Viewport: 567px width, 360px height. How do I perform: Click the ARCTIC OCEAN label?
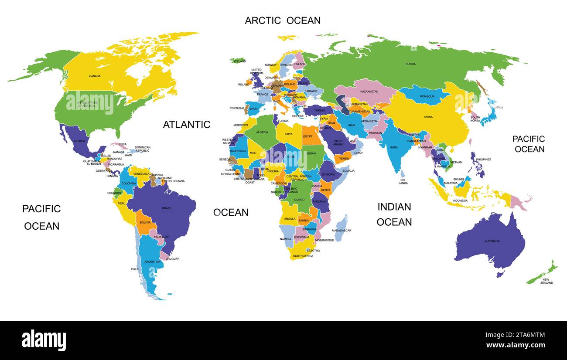point(283,20)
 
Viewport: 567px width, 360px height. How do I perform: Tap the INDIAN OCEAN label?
point(394,214)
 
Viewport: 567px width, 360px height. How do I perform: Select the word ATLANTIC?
point(187,125)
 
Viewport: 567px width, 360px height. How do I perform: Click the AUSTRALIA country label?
point(492,241)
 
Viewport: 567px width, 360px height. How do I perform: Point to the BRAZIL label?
point(167,208)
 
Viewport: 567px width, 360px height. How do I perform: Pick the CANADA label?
point(95,76)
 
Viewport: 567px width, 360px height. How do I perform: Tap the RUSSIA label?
point(410,64)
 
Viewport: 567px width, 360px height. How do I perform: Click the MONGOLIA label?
point(427,96)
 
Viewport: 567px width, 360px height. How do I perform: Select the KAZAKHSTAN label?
point(369,92)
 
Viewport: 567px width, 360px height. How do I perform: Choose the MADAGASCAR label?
point(342,231)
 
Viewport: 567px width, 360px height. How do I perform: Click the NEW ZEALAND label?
point(546,281)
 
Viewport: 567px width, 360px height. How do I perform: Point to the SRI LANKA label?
point(403,181)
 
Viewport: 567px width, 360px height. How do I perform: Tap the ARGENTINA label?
point(152,262)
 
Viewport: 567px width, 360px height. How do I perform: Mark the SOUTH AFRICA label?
point(303,256)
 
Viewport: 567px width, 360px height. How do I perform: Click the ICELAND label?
point(240,61)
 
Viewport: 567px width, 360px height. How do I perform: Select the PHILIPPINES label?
point(483,160)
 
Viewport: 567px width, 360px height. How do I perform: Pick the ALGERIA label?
point(262,132)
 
